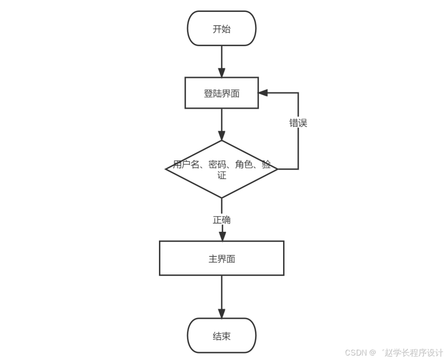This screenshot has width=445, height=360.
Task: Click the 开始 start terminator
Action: pyautogui.click(x=221, y=29)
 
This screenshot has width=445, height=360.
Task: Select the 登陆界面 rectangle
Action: pyautogui.click(x=221, y=93)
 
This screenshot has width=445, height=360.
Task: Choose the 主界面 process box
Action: pyautogui.click(x=221, y=258)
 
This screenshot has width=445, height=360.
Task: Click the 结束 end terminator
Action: pyautogui.click(x=221, y=336)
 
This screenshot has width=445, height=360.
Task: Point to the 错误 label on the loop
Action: pyautogui.click(x=298, y=123)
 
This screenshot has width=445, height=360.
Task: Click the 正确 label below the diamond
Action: pyautogui.click(x=221, y=219)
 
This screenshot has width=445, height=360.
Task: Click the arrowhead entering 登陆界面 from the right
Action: pyautogui.click(x=263, y=93)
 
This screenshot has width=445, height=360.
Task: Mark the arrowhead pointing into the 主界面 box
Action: pyautogui.click(x=221, y=236)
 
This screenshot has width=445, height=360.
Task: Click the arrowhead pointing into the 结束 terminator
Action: pyautogui.click(x=221, y=313)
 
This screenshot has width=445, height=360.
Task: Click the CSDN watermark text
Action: pyautogui.click(x=354, y=353)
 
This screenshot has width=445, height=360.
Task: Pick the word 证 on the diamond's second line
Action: pyautogui.click(x=221, y=175)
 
